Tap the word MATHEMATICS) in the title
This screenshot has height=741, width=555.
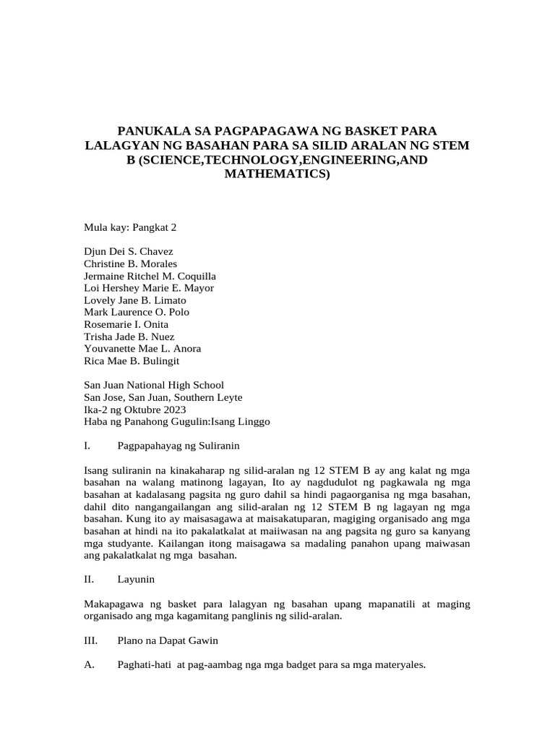(277, 174)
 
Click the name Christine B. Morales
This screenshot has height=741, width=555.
(131, 263)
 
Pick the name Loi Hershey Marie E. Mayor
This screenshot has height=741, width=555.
(149, 288)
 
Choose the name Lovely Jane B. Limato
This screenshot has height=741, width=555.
(135, 300)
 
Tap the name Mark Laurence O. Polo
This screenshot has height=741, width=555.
(137, 312)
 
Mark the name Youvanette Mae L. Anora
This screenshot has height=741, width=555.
(142, 349)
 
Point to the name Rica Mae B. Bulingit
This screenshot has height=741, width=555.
(132, 360)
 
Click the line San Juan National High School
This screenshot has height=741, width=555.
(154, 385)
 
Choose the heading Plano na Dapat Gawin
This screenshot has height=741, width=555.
(168, 640)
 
